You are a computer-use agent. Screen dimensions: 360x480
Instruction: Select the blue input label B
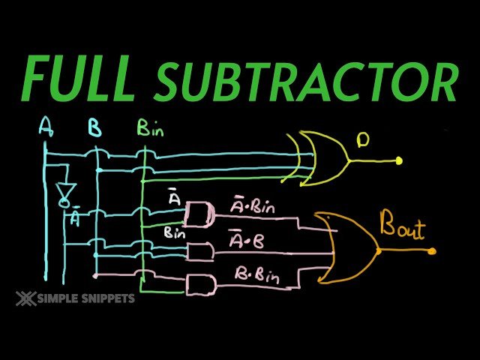(94, 128)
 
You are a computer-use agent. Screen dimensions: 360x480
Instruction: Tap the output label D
(363, 139)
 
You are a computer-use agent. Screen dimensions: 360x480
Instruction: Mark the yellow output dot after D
(399, 160)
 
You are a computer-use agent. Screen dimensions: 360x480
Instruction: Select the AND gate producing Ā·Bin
(199, 214)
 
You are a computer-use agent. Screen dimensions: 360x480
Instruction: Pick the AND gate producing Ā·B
(198, 252)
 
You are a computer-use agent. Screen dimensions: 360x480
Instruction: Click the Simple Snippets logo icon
(23, 298)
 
